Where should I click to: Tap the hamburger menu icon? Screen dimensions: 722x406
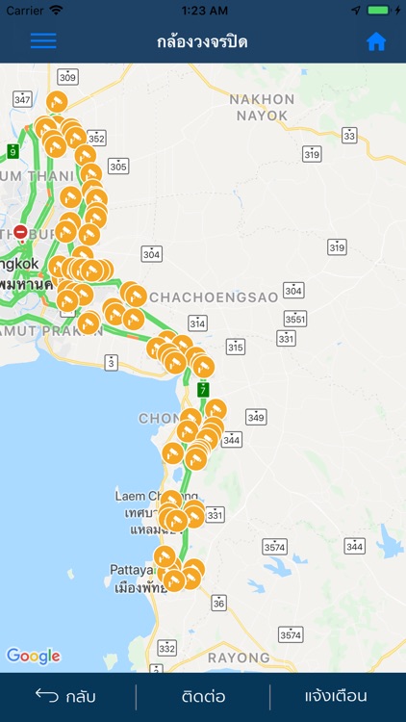tap(43, 41)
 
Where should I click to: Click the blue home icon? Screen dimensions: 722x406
tap(376, 41)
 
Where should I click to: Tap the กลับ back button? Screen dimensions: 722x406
tap(65, 696)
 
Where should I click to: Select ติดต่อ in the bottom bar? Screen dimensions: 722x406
tap(203, 696)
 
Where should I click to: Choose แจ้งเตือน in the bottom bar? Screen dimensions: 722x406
tap(336, 696)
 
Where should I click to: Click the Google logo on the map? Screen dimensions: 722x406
tap(34, 657)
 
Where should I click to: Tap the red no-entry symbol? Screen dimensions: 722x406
tap(20, 232)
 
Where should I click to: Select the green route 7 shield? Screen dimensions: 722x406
tap(203, 389)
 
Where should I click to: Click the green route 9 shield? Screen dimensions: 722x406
tap(13, 151)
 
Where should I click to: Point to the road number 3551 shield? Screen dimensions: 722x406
tap(294, 319)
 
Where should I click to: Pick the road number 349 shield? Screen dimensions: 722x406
tap(255, 417)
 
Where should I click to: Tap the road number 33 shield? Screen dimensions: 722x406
tap(348, 136)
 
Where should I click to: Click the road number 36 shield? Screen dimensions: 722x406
tap(219, 603)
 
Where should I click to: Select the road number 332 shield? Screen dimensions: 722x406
tap(167, 649)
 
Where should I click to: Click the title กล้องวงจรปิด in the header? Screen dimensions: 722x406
tap(203, 42)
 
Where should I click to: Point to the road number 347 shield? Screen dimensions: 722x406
tap(23, 99)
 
